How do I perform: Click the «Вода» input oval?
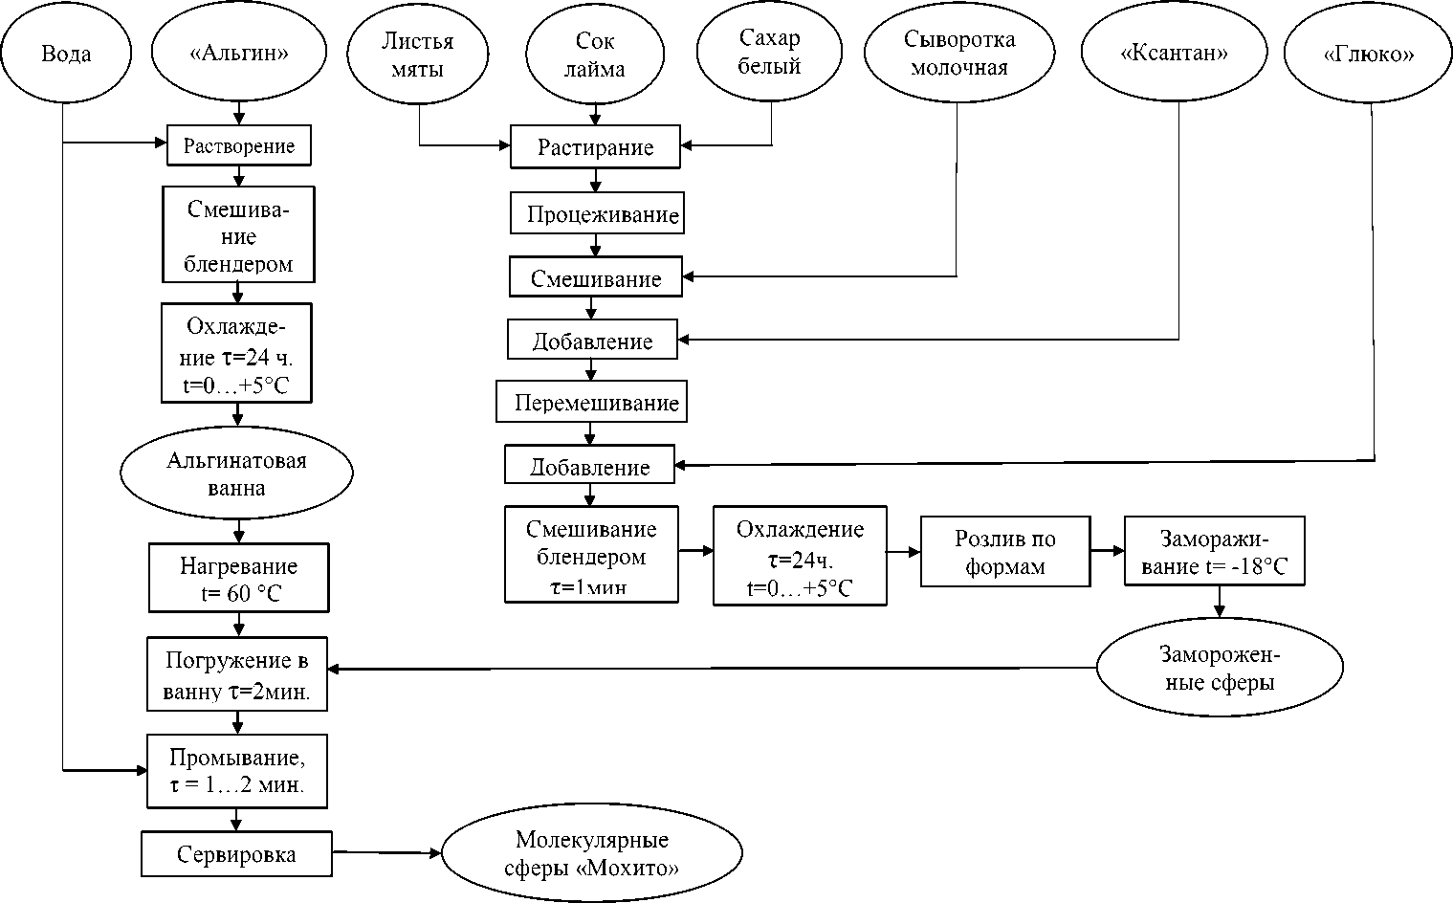point(65,54)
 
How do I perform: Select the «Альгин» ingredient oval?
point(239,54)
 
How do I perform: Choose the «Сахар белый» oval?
point(769,53)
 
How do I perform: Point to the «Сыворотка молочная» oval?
point(958,54)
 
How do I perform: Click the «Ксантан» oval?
point(1174,54)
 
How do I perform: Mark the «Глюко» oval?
point(1368,55)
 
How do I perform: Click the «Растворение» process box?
point(239,146)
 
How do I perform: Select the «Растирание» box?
point(595,147)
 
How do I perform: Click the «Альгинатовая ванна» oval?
point(236,474)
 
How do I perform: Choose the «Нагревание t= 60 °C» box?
point(238,579)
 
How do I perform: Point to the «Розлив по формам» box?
point(1004,552)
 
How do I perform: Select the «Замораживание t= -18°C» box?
point(1215,552)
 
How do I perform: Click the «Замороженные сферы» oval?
point(1219,669)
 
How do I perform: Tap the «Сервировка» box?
point(236,854)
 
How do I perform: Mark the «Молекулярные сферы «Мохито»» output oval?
point(591,854)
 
